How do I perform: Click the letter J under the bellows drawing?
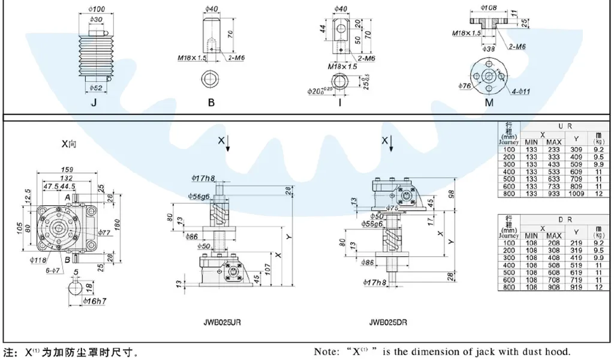(x=94, y=103)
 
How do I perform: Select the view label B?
(x=211, y=103)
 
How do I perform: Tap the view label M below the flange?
(x=489, y=103)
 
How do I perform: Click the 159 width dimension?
(x=67, y=170)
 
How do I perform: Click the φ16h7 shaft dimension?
(x=95, y=299)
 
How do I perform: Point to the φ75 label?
(x=392, y=208)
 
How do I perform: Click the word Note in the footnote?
(x=327, y=352)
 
